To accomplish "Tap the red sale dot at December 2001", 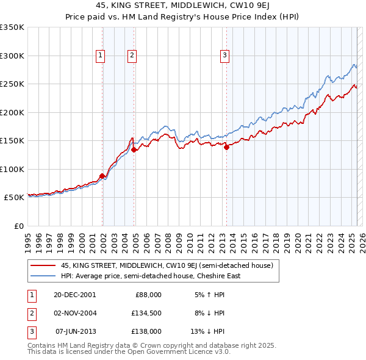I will tap(102, 176).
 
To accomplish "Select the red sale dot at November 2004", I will tap(134, 149).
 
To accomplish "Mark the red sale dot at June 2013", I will tap(226, 147).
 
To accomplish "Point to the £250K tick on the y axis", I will tap(12, 84).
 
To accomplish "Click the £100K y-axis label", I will tap(12, 169).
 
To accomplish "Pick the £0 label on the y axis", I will tap(18, 226).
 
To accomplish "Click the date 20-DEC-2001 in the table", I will tap(74, 294).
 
